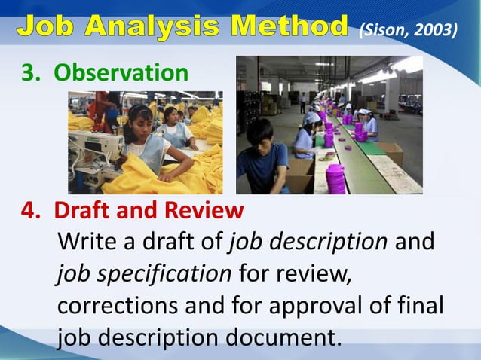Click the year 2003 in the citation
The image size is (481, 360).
pyautogui.click(x=439, y=29)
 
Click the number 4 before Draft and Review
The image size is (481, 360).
pyautogui.click(x=28, y=209)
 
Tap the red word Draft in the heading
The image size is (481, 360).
pyautogui.click(x=81, y=209)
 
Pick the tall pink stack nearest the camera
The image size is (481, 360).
pyautogui.click(x=335, y=179)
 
